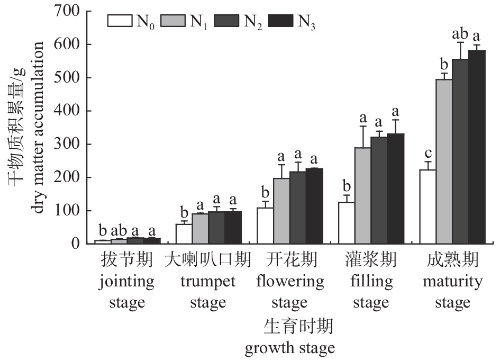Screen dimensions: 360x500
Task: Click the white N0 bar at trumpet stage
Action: click(x=184, y=234)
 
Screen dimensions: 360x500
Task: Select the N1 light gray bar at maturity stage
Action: click(x=444, y=161)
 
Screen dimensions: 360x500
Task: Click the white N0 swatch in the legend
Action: click(x=120, y=21)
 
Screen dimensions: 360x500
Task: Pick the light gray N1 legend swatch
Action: click(x=173, y=21)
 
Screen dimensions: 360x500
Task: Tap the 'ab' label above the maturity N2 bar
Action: click(x=460, y=34)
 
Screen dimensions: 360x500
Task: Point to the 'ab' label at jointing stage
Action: click(x=119, y=231)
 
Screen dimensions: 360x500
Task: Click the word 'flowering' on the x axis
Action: click(x=289, y=281)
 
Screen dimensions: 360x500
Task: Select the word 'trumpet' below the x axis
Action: click(x=208, y=281)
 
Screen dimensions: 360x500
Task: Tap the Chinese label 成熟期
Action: click(x=453, y=260)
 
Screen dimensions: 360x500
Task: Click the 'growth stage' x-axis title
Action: click(x=289, y=348)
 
